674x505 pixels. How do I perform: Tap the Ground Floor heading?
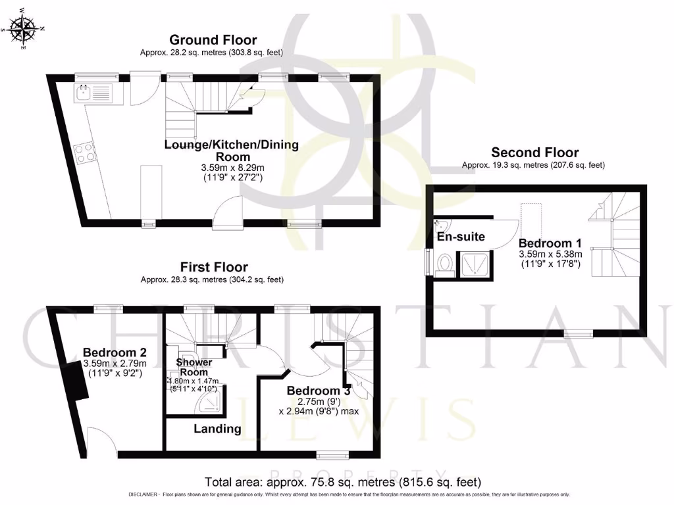(x=213, y=40)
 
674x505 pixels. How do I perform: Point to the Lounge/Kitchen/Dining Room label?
(x=231, y=151)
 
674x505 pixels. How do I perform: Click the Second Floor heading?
(x=534, y=153)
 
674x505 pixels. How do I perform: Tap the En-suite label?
(x=461, y=237)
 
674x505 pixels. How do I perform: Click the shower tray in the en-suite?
(x=475, y=265)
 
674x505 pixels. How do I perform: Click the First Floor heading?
(x=214, y=267)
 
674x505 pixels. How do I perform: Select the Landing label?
(x=217, y=429)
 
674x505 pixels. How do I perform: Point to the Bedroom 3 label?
(x=318, y=391)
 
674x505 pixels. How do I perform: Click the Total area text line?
(x=343, y=481)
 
